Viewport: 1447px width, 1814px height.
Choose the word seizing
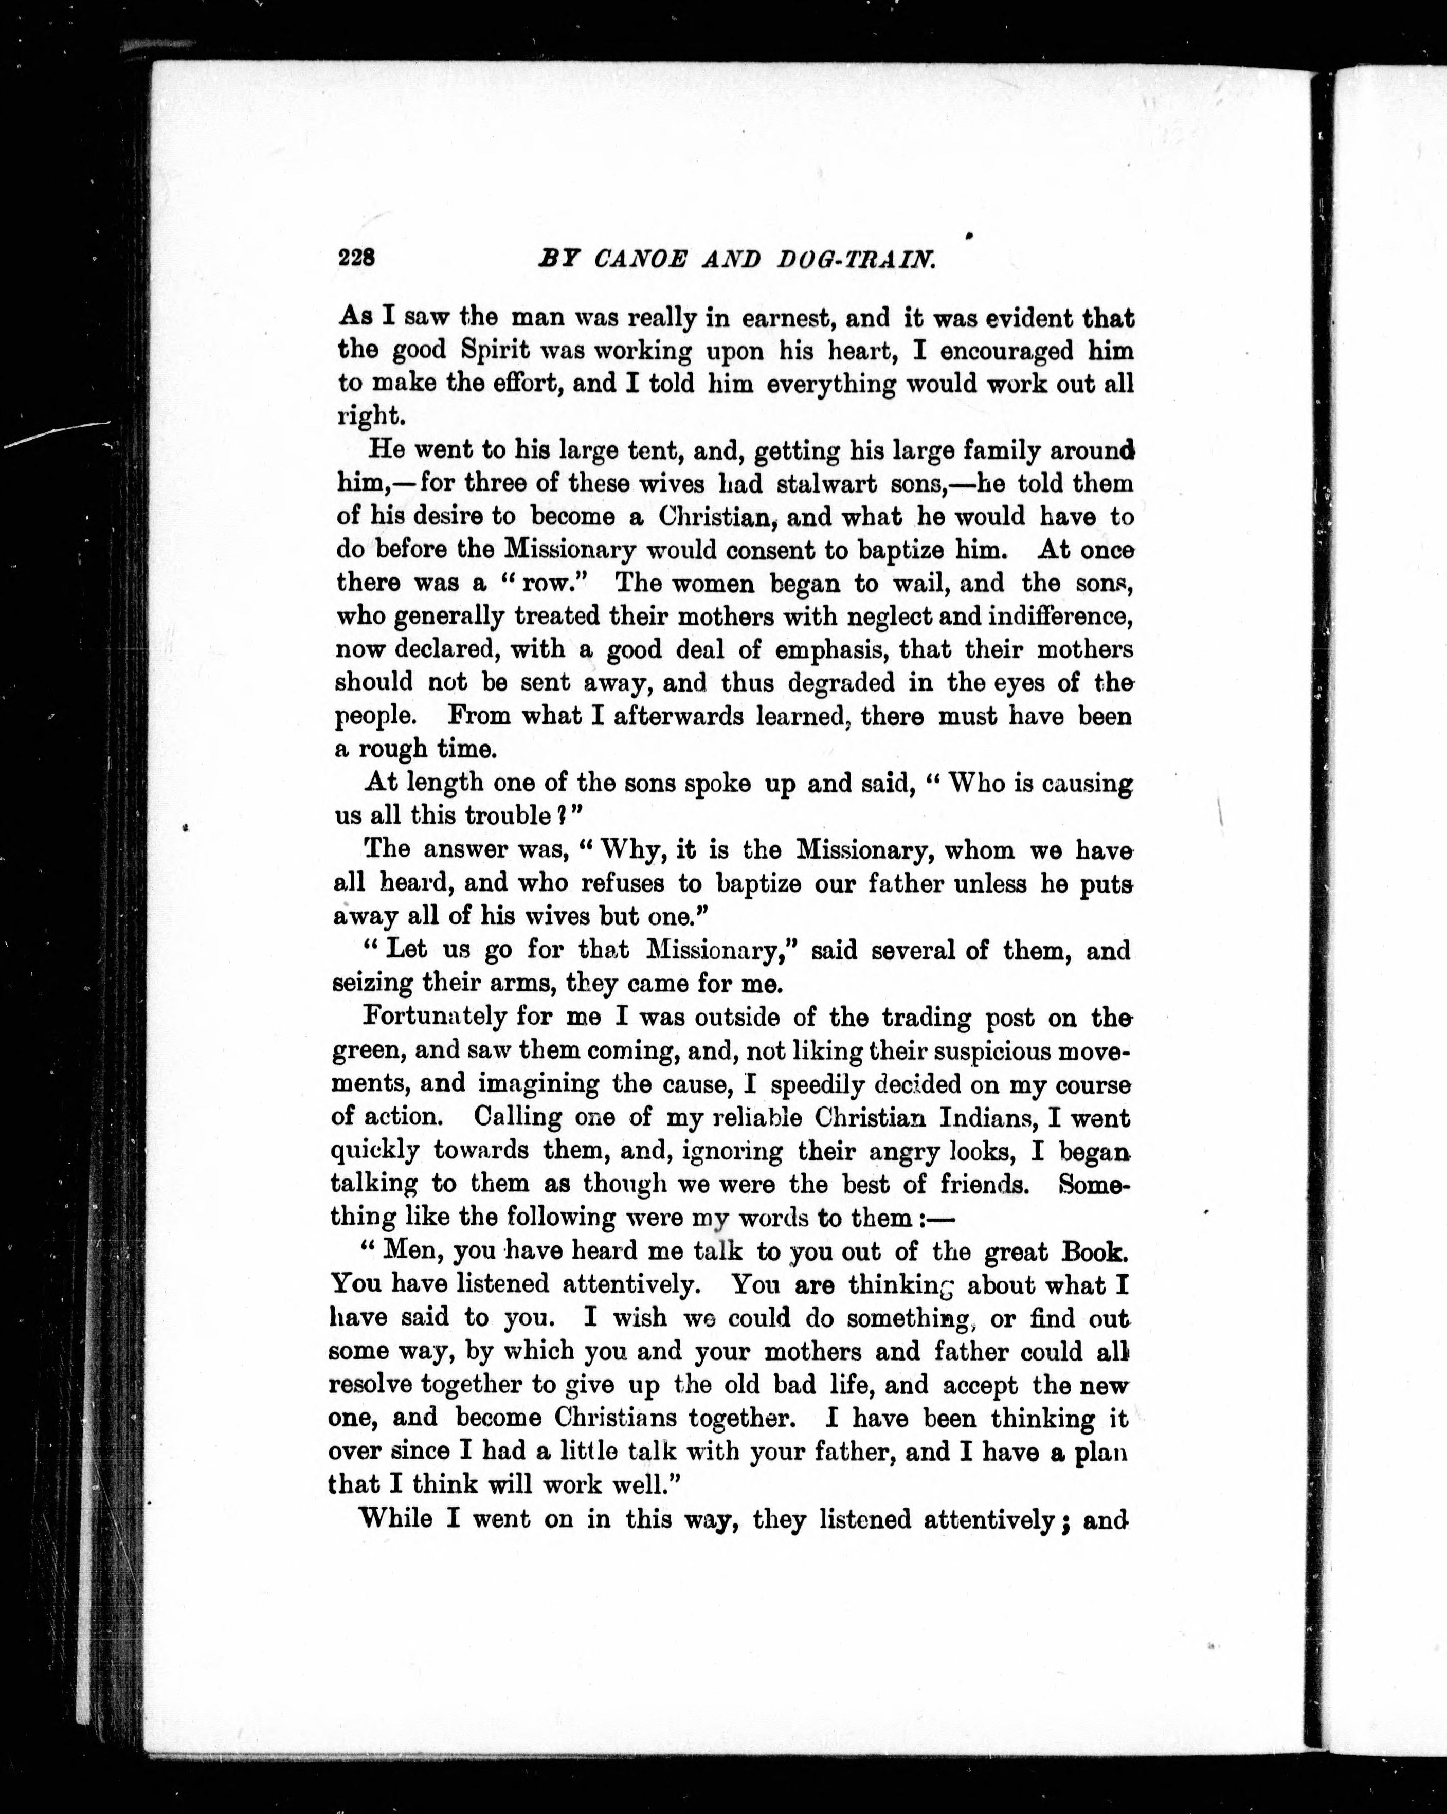pos(372,983)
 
